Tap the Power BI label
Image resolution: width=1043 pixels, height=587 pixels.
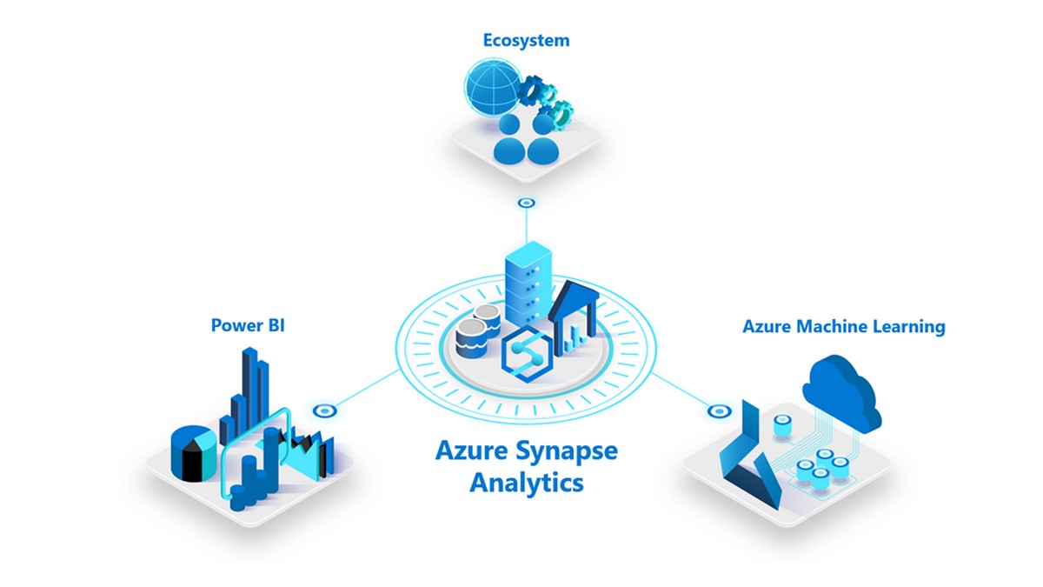click(248, 326)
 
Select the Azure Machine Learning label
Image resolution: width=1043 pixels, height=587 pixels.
click(843, 327)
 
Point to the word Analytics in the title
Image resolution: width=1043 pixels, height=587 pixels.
click(527, 483)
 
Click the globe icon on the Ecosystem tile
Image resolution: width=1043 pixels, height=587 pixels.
click(489, 92)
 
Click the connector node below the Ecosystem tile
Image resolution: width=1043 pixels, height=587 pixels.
click(526, 203)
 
